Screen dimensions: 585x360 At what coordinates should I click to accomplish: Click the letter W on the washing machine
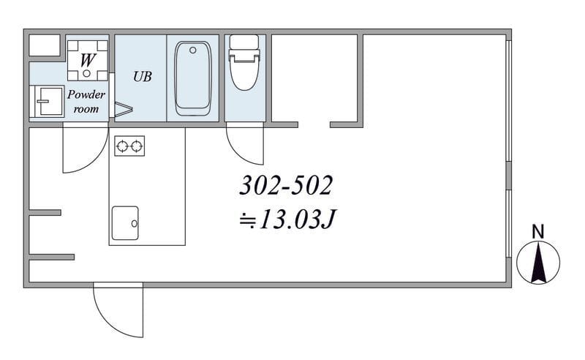(88, 60)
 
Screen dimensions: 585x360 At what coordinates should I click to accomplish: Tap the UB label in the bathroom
(143, 77)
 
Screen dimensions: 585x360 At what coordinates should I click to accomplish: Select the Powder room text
(86, 101)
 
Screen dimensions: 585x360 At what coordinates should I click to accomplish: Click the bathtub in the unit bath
(193, 78)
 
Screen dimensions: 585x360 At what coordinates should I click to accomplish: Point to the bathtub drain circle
(193, 50)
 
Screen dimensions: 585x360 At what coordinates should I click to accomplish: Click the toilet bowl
(244, 73)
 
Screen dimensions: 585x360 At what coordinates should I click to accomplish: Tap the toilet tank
(244, 42)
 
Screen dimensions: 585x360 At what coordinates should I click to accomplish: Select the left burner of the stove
(122, 146)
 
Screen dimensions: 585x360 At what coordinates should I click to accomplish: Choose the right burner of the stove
(137, 146)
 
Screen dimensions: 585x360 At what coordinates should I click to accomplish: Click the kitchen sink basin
(125, 223)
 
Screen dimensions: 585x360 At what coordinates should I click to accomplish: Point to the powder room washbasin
(48, 101)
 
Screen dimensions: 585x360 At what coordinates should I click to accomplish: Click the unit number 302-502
(286, 186)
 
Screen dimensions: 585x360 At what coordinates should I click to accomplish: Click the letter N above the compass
(537, 231)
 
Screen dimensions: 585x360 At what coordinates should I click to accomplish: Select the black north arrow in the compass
(538, 262)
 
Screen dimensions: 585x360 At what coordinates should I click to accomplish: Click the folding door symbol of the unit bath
(124, 110)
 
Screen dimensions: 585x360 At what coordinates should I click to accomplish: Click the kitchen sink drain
(135, 224)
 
